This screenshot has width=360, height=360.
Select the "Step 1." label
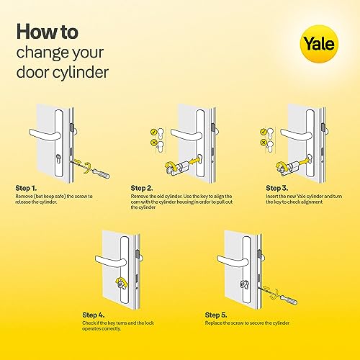pyautogui.click(x=27, y=187)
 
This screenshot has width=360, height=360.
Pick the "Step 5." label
pyautogui.click(x=217, y=315)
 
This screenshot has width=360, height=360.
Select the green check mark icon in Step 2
pyautogui.click(x=154, y=132)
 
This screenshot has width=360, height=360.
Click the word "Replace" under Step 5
pyautogui.click(x=215, y=323)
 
